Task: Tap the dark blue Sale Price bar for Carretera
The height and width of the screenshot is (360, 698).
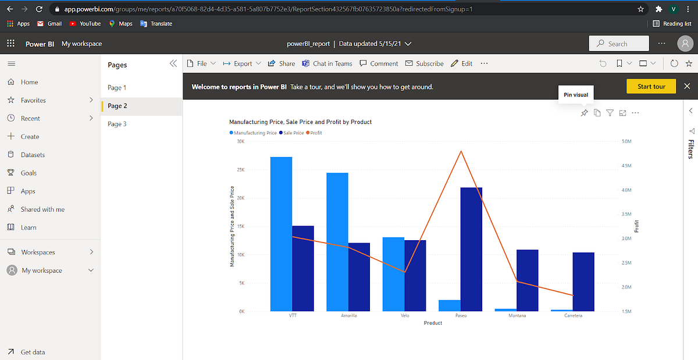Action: (583, 281)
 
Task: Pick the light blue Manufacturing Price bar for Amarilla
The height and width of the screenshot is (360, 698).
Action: (337, 241)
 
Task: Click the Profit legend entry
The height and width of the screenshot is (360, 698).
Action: (314, 133)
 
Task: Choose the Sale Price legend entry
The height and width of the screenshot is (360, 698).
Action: (291, 133)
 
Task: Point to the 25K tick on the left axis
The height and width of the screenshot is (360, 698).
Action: (240, 170)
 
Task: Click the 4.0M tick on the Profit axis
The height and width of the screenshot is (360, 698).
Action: (626, 190)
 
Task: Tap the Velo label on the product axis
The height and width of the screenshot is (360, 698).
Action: (405, 316)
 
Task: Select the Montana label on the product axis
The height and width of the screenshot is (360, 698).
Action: (517, 316)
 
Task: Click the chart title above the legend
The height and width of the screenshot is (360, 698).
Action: (300, 122)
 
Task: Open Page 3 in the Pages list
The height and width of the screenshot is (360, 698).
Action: (117, 124)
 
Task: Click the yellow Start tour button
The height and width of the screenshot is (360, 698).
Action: (651, 87)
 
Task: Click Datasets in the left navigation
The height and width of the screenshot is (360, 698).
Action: (33, 155)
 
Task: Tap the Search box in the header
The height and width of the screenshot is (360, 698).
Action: (619, 44)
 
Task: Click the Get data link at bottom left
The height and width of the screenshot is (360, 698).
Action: (33, 352)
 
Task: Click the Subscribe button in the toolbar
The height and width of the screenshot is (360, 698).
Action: (429, 63)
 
